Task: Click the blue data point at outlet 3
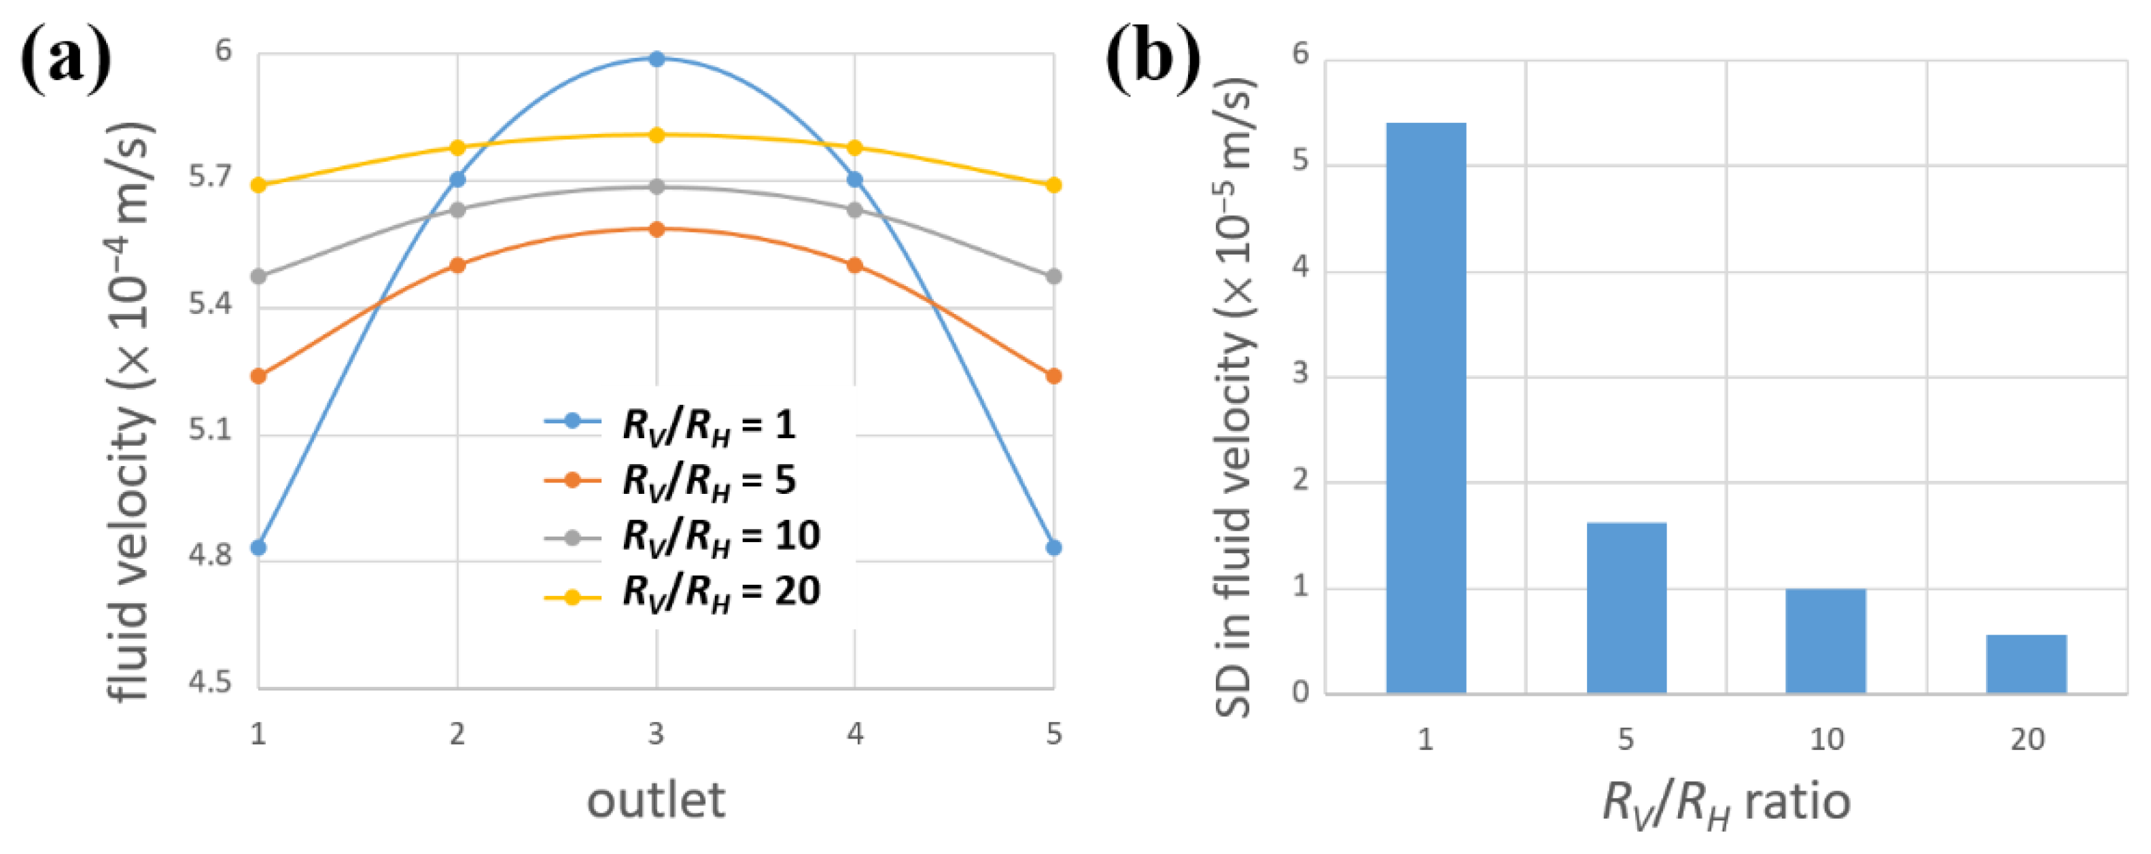(x=657, y=58)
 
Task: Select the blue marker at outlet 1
(x=258, y=548)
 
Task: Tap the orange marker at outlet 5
(x=1054, y=376)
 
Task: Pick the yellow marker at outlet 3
(x=657, y=135)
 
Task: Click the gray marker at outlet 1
(x=258, y=277)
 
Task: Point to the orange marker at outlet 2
(x=457, y=266)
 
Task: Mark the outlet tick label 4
(x=854, y=734)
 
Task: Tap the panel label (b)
(x=1153, y=58)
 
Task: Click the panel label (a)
(x=65, y=58)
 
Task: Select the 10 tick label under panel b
(x=1826, y=739)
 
